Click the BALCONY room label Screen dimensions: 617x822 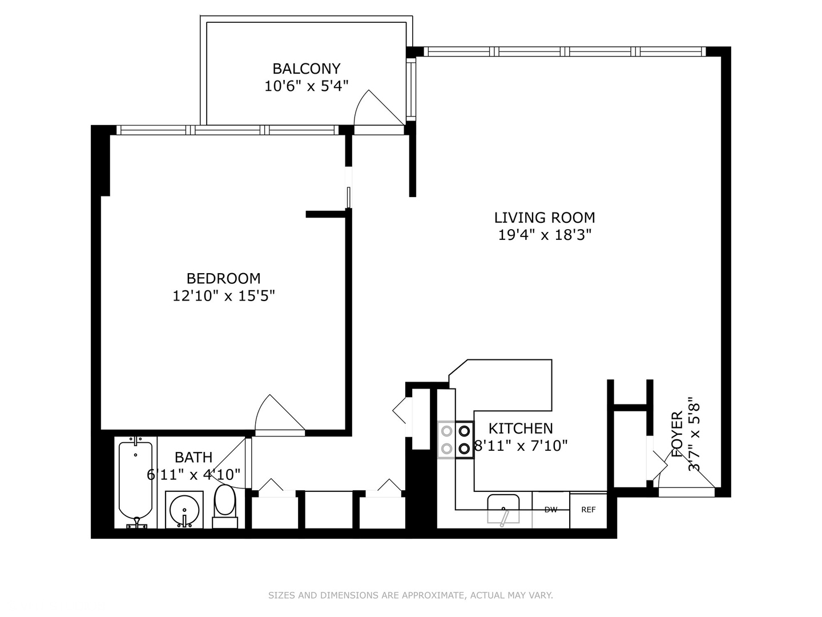[307, 69]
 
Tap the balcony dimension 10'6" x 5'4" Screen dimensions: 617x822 [307, 86]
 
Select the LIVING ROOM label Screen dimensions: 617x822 [544, 218]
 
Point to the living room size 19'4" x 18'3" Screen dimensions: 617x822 [544, 235]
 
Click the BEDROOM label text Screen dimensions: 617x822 [223, 278]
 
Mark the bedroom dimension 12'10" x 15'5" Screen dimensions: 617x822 [223, 296]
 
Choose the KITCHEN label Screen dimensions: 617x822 [520, 428]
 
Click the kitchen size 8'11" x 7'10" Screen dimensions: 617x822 [521, 446]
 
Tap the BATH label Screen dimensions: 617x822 [194, 457]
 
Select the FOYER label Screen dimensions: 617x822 [677, 434]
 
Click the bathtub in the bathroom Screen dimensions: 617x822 [135, 480]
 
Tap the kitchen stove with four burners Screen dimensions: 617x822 [456, 440]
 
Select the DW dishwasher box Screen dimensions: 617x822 [550, 510]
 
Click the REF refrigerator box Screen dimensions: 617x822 [588, 510]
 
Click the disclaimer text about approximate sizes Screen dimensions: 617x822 [410, 595]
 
